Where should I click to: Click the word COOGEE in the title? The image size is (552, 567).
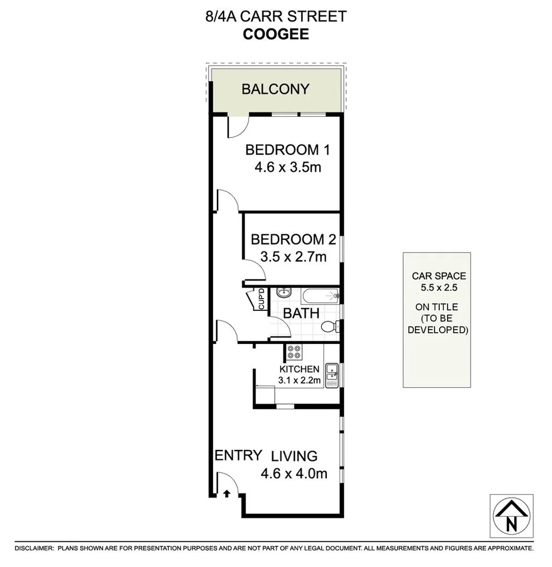275,34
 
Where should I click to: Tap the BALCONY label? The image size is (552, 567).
275,89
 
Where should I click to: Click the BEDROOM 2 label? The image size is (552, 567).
293,240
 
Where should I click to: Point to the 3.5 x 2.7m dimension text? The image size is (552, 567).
293,257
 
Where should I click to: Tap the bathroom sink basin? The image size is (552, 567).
282,293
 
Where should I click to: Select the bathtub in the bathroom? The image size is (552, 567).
314,296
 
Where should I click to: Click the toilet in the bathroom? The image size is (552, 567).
330,327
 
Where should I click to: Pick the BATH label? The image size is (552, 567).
301,313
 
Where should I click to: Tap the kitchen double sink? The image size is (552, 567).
332,375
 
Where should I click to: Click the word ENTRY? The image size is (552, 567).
238,455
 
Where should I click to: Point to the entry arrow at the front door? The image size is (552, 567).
227,493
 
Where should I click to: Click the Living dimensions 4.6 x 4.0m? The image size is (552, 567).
294,474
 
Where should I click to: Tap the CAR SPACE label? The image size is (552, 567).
439,276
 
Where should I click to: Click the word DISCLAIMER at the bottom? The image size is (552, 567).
34,548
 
